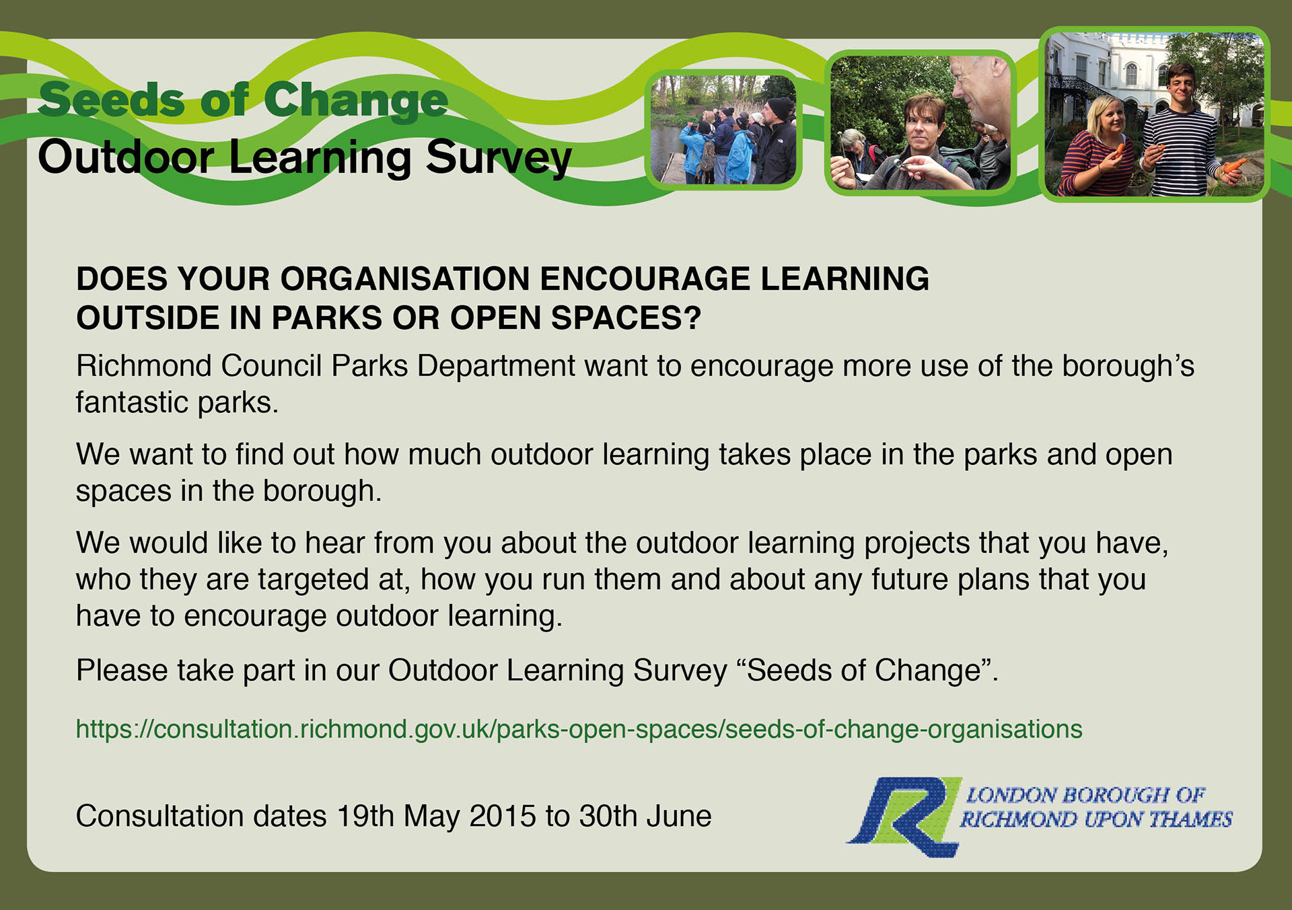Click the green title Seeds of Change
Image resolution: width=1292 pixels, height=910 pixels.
coord(243,100)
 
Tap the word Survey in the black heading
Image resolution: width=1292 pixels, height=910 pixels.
coord(499,157)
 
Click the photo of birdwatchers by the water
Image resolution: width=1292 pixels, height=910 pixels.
coord(723,129)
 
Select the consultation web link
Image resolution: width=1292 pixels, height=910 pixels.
coord(579,730)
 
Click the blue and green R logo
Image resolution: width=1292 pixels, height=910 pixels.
coord(904,817)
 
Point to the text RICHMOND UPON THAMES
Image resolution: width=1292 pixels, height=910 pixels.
coord(1096,819)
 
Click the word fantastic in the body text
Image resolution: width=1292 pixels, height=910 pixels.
coord(132,402)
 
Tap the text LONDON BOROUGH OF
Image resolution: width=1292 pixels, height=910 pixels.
coord(1085,795)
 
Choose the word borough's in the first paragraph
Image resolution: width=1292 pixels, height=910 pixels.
coord(1128,367)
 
